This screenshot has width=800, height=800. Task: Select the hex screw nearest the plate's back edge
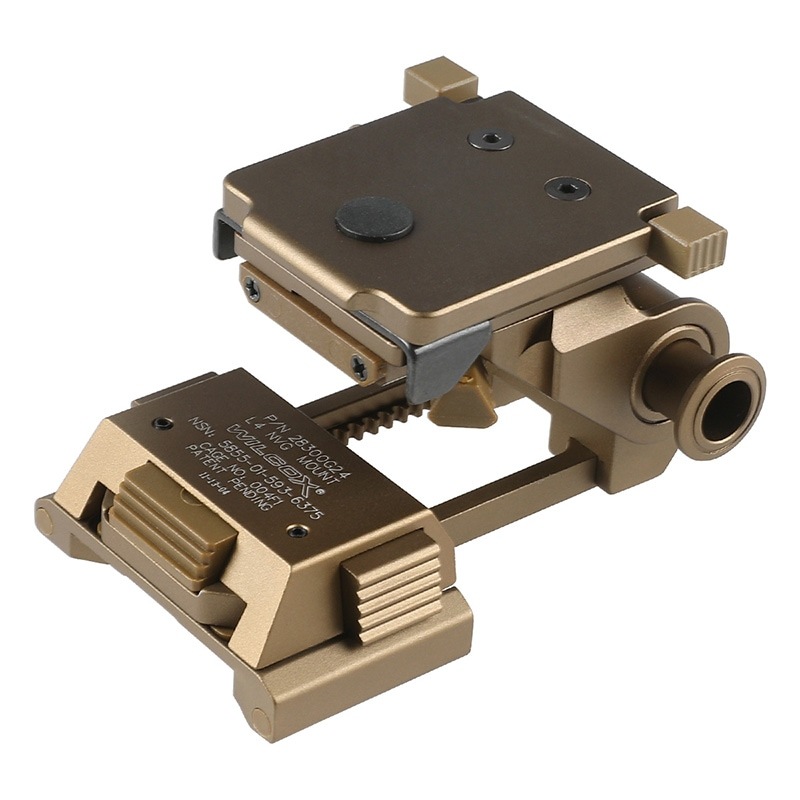(490, 140)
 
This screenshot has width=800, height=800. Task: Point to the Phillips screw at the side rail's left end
(252, 290)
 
